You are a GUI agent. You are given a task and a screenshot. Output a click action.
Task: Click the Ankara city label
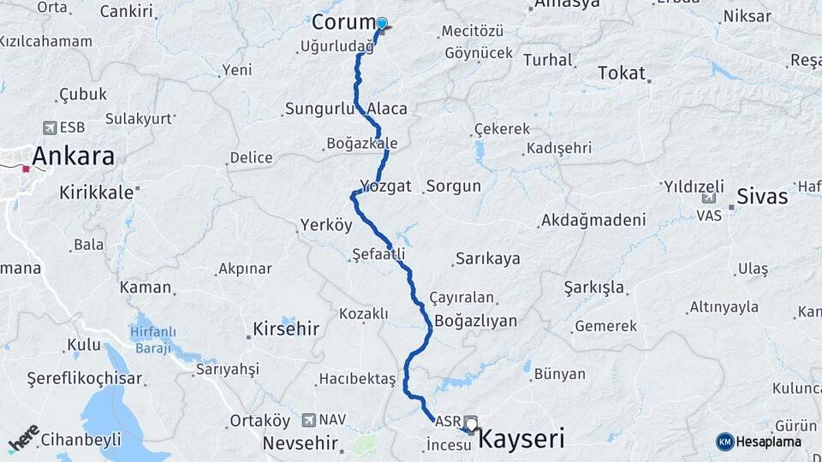(x=73, y=157)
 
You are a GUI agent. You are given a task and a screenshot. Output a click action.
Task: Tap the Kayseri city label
(x=521, y=440)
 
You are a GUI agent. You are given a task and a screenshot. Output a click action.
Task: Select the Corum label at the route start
(x=343, y=22)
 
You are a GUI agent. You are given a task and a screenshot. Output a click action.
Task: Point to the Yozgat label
(x=385, y=186)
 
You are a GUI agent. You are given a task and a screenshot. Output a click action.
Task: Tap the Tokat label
(x=622, y=73)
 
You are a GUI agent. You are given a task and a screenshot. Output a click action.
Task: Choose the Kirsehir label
(x=286, y=329)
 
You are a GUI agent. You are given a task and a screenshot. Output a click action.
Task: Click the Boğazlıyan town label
(x=476, y=321)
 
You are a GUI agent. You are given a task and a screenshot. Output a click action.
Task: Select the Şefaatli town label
(x=378, y=254)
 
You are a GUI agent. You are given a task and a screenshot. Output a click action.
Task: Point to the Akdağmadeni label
(x=593, y=220)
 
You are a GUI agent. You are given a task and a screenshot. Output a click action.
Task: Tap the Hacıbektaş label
(x=357, y=378)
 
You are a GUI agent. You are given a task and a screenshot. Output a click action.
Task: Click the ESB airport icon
(x=50, y=127)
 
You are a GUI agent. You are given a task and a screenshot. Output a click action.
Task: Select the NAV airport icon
(x=309, y=420)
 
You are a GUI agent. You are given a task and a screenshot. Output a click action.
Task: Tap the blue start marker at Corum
(x=382, y=23)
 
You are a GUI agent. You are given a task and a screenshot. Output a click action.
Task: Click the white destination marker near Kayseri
(x=470, y=423)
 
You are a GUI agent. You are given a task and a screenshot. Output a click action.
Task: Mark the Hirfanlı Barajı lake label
(x=154, y=339)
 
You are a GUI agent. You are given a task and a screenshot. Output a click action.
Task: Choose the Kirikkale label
(x=97, y=192)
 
